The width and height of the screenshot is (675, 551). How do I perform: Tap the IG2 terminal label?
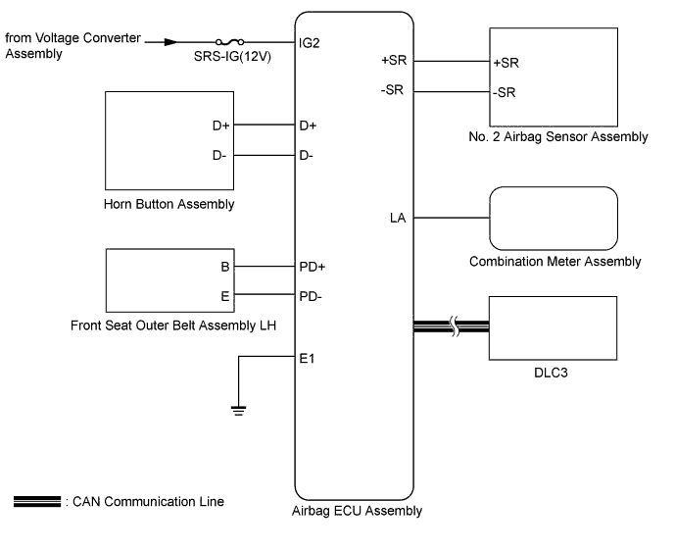pyautogui.click(x=309, y=43)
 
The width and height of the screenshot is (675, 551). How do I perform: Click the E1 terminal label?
pyautogui.click(x=306, y=358)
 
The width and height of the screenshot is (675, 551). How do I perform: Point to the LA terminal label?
pyautogui.click(x=399, y=218)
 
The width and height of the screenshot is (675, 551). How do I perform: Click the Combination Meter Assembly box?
pyautogui.click(x=554, y=218)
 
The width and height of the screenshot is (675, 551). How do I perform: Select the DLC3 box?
pyautogui.click(x=554, y=326)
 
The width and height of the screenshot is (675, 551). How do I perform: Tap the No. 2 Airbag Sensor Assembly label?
pyautogui.click(x=557, y=137)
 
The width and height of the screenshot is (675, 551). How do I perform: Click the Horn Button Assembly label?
pyautogui.click(x=169, y=204)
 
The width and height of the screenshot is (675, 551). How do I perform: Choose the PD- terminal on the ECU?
pyautogui.click(x=311, y=293)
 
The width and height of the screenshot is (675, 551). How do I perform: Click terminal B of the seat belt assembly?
pyautogui.click(x=224, y=266)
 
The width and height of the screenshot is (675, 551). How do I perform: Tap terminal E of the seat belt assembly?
pyautogui.click(x=224, y=293)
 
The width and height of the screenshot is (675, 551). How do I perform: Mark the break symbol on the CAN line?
pyautogui.click(x=454, y=327)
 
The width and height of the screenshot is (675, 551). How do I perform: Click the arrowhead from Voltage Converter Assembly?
pyautogui.click(x=171, y=43)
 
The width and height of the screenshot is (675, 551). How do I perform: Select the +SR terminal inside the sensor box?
pyautogui.click(x=506, y=62)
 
